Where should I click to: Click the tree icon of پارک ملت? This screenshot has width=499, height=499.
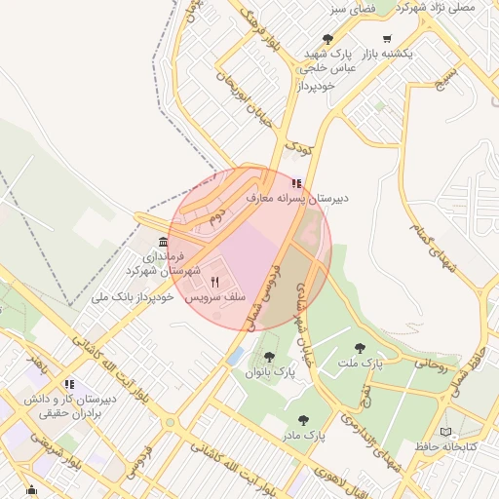pos(361,348)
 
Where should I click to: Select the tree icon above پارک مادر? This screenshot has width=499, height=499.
pos(303,420)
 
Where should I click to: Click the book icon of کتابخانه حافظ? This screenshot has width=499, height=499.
pos(446,432)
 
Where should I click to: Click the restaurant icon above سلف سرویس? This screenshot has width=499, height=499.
pos(214,281)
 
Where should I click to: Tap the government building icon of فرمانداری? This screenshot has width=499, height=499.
pos(162,242)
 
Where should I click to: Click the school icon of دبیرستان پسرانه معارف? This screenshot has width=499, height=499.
pos(296,182)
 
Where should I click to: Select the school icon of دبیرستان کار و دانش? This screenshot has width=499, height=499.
pos(69,383)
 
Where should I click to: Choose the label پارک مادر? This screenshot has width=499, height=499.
pos(303,435)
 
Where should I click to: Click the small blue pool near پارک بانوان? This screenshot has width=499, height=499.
pos(235,356)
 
